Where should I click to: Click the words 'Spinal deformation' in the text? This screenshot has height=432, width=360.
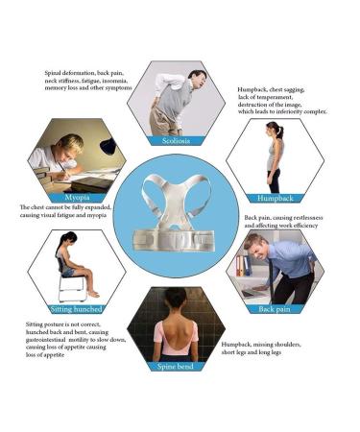pyautogui.click(x=72, y=72)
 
